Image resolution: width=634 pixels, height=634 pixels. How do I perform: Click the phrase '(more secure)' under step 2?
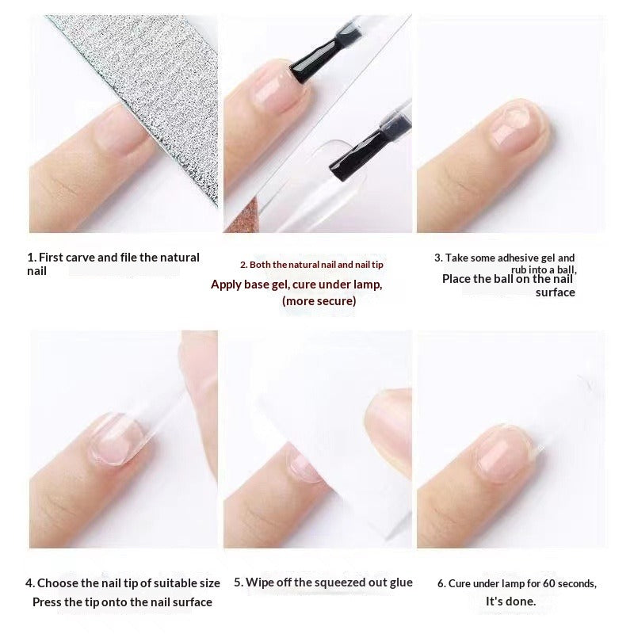tap(319, 301)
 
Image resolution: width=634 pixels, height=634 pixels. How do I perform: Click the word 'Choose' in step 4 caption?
tap(58, 582)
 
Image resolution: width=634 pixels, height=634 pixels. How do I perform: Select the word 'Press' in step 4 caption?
tap(48, 602)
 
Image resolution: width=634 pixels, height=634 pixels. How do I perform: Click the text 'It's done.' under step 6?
tap(510, 602)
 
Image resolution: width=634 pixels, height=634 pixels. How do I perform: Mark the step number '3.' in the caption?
tap(438, 258)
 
